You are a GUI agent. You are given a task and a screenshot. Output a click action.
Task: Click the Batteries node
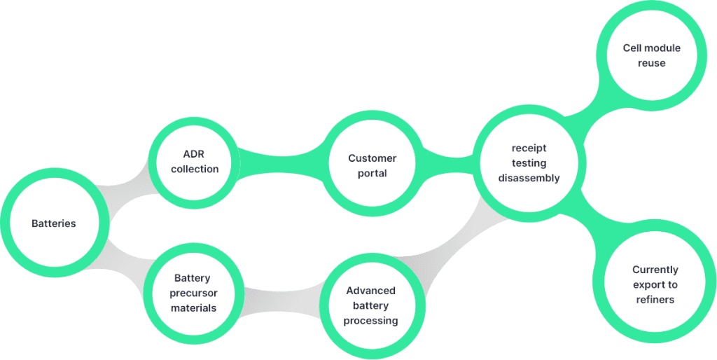(54, 224)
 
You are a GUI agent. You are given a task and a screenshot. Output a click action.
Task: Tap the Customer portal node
(372, 166)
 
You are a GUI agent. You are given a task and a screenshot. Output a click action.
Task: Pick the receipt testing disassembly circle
(529, 162)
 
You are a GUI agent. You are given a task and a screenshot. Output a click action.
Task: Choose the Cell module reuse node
(651, 55)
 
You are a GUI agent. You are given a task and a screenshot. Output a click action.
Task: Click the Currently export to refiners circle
(655, 284)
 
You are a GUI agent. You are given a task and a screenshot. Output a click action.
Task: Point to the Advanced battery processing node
(371, 305)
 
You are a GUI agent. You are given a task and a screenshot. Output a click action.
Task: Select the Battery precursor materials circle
(193, 293)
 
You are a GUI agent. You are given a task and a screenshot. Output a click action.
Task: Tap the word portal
(372, 174)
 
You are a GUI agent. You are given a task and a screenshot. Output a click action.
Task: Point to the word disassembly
(529, 178)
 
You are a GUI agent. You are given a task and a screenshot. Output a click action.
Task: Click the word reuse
(651, 63)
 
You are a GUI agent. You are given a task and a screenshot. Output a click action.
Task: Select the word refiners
(655, 300)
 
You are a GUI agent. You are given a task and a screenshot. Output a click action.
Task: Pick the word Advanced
(371, 291)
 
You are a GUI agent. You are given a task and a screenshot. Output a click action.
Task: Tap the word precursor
(193, 293)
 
